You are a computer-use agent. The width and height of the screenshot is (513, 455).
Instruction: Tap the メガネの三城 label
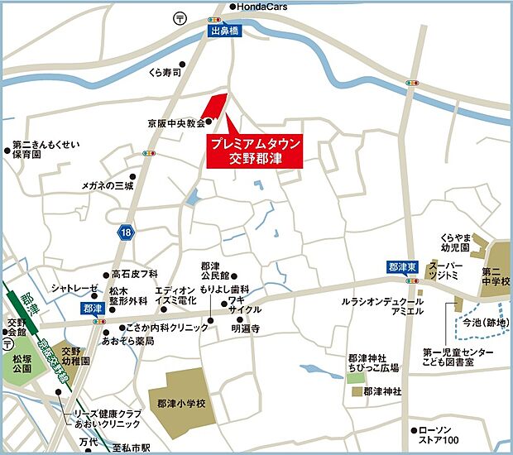tap(107, 185)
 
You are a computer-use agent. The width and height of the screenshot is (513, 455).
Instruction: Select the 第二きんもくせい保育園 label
tap(46, 149)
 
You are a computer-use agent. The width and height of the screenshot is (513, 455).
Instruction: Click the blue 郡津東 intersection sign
tap(400, 267)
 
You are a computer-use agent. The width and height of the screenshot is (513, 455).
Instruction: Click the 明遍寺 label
tap(246, 328)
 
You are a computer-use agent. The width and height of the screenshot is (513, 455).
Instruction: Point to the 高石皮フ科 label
tap(135, 274)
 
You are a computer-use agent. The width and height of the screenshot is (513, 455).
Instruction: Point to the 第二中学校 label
tap(496, 276)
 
